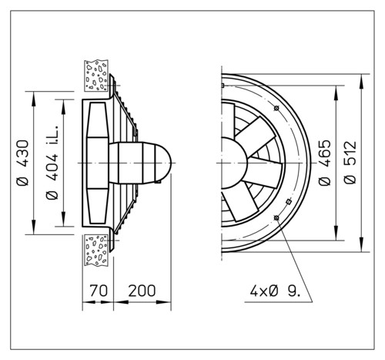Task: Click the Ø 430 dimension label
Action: (x=22, y=163)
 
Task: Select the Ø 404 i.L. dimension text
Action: (x=52, y=162)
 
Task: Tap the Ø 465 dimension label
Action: (x=324, y=163)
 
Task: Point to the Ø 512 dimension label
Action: (x=350, y=163)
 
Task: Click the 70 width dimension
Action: (x=99, y=291)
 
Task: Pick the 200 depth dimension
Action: (x=142, y=291)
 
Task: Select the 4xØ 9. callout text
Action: (x=275, y=291)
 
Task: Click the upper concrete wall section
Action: (x=96, y=76)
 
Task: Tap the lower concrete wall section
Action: (x=96, y=250)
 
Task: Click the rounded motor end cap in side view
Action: (x=163, y=163)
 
